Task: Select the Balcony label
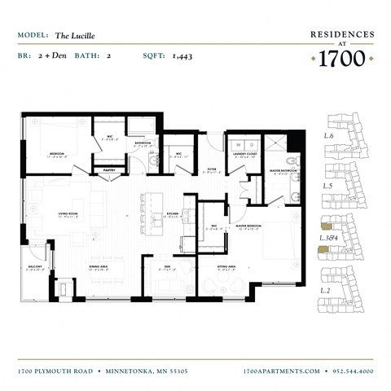tap(35, 266)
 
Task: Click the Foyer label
tap(211, 172)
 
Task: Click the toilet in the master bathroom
tap(293, 196)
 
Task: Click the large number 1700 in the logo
tap(342, 58)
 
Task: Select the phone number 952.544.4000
tap(353, 371)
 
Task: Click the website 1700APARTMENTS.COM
tap(282, 371)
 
